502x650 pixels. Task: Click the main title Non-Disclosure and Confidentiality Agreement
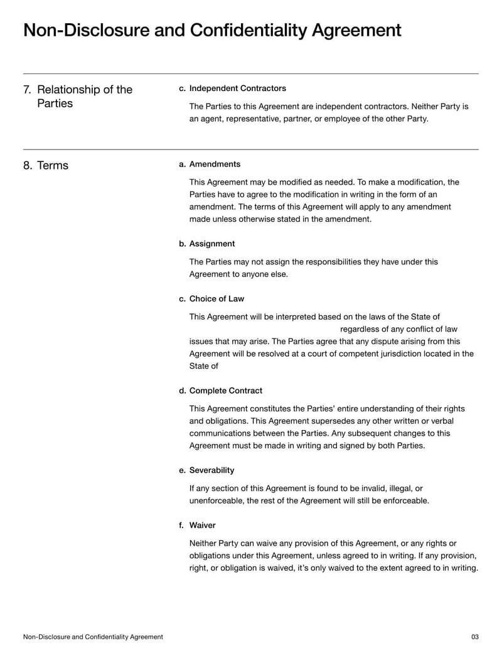pos(211,30)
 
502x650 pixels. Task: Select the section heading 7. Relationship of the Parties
pos(78,96)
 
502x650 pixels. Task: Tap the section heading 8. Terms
pos(46,166)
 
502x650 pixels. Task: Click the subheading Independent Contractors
pos(237,88)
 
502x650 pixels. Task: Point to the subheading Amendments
pos(215,164)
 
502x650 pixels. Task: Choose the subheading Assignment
pos(212,244)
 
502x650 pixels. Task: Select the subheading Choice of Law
pos(216,298)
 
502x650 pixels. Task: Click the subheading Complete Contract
pos(226,391)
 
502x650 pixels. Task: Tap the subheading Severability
pos(211,470)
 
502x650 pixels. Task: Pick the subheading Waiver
pos(202,525)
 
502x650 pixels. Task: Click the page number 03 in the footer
pos(474,637)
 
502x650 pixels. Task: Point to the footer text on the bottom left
pos(93,637)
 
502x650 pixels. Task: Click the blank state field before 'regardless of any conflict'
pos(264,329)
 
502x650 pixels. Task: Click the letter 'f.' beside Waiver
pos(182,525)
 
